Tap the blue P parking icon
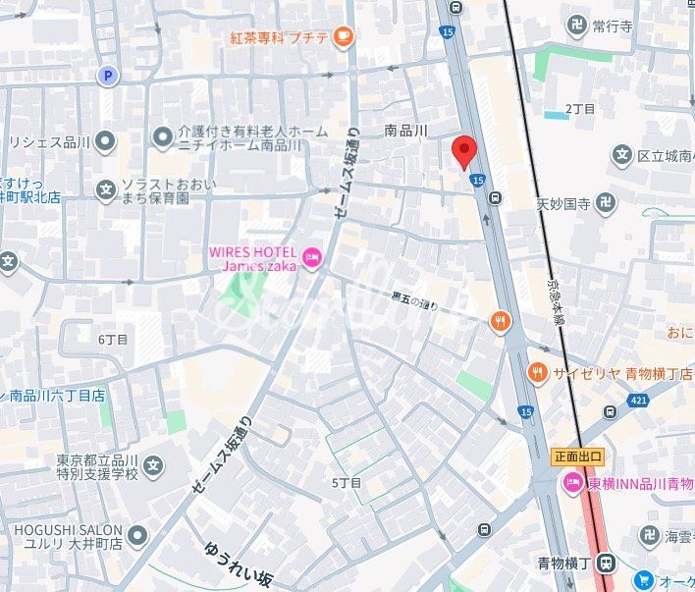pyautogui.click(x=106, y=75)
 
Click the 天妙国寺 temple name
pyautogui.click(x=563, y=204)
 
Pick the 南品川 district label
pyautogui.click(x=405, y=130)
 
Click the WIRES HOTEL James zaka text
pyautogui.click(x=252, y=259)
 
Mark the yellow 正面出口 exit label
pyautogui.click(x=578, y=457)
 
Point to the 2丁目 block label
pyautogui.click(x=580, y=108)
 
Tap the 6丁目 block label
pyautogui.click(x=113, y=339)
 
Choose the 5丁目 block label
pyautogui.click(x=347, y=482)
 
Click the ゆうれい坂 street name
pyautogui.click(x=238, y=565)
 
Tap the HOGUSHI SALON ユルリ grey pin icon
pyautogui.click(x=137, y=535)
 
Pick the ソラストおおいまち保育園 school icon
pyautogui.click(x=105, y=189)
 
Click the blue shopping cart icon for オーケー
pyautogui.click(x=644, y=581)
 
